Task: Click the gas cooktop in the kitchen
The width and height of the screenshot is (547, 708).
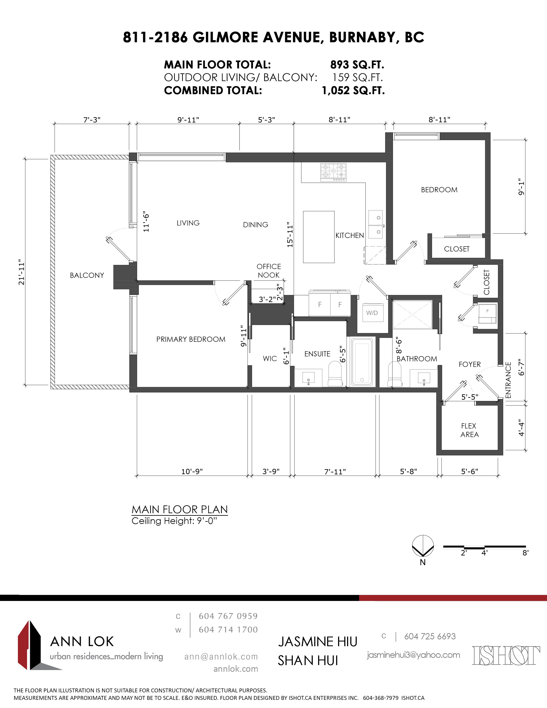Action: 333,172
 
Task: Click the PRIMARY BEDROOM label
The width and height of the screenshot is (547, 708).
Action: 191,339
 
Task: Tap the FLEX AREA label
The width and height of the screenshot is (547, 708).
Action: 469,430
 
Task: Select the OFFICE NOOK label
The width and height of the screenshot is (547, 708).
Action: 269,271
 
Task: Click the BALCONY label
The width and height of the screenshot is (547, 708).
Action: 87,275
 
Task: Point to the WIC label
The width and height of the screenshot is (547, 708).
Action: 270,359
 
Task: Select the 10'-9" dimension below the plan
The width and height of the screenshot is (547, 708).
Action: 192,471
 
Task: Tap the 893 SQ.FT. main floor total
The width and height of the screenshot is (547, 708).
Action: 357,65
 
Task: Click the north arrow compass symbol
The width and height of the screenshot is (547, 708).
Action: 423,546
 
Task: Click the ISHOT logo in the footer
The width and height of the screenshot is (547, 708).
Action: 506,655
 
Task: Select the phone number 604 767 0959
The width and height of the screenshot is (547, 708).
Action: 228,616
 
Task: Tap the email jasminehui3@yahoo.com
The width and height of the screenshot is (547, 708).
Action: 414,655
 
